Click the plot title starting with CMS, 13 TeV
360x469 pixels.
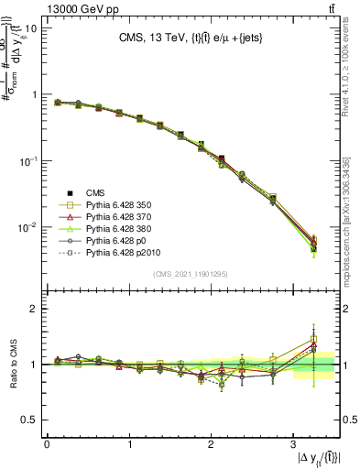pos(192,38)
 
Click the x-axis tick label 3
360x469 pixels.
pos(292,445)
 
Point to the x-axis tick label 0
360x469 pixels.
pos(47,445)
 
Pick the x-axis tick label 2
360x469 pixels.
pos(211,445)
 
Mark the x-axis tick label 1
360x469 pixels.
pos(128,445)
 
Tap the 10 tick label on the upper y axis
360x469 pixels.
pos(28,28)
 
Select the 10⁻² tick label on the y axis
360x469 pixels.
pos(26,226)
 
